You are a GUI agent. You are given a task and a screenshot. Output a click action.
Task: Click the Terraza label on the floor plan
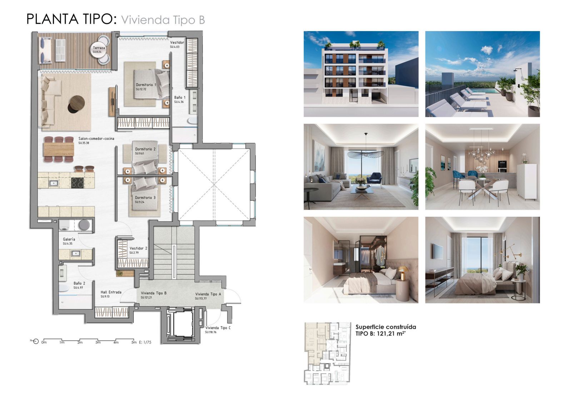click(99, 48)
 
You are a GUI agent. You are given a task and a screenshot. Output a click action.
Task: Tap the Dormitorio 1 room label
click(146, 85)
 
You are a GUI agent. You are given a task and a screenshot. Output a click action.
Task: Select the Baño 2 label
click(79, 283)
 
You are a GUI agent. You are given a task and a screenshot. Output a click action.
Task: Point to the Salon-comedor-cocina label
click(96, 139)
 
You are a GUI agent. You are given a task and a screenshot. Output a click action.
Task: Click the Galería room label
click(69, 239)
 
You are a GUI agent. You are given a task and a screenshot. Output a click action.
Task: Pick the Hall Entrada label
click(111, 292)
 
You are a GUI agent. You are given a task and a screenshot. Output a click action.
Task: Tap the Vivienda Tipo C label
click(218, 328)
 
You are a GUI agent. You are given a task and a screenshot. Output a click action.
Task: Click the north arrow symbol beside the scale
click(35, 341)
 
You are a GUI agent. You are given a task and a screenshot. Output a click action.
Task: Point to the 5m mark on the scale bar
click(134, 342)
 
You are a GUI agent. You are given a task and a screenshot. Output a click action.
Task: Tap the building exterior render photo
click(361, 74)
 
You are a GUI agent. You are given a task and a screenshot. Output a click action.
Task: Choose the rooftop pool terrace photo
click(482, 74)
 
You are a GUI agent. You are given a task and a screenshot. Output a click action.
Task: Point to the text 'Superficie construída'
click(386, 327)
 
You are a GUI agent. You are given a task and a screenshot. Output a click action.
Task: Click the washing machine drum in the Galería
click(84, 225)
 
